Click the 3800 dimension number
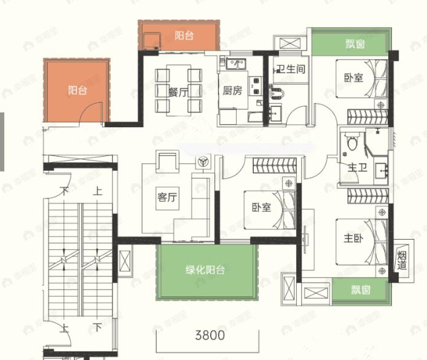210,335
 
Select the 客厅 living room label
167,198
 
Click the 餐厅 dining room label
178,92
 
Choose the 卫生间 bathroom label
290,69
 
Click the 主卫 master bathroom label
357,167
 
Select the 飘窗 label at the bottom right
361,290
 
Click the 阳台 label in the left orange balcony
77,90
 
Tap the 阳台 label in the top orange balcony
184,36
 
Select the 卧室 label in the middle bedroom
261,207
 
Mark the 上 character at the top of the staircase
97,191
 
